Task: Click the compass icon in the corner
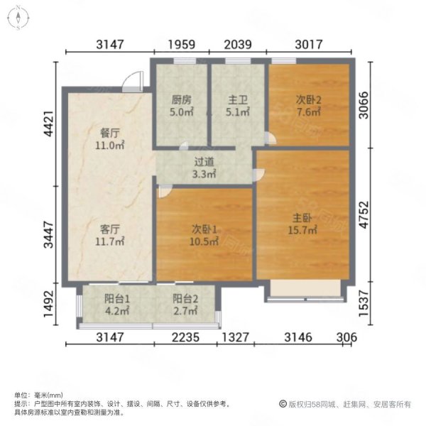18,18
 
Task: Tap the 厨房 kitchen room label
181,100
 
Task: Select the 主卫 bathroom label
238,100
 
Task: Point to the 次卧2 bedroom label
308,100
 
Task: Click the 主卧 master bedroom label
302,218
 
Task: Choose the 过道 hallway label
204,162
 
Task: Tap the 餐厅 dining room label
110,133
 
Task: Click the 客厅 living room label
110,229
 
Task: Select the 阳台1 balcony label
117,299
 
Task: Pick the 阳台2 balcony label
185,299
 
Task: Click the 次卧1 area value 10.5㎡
204,241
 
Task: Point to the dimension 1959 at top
182,45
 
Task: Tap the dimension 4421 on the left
49,124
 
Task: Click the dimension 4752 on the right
364,214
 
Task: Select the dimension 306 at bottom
346,337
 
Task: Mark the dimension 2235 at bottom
185,337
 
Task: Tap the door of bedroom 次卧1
165,191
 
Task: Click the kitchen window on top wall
185,61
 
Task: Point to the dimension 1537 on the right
364,303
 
